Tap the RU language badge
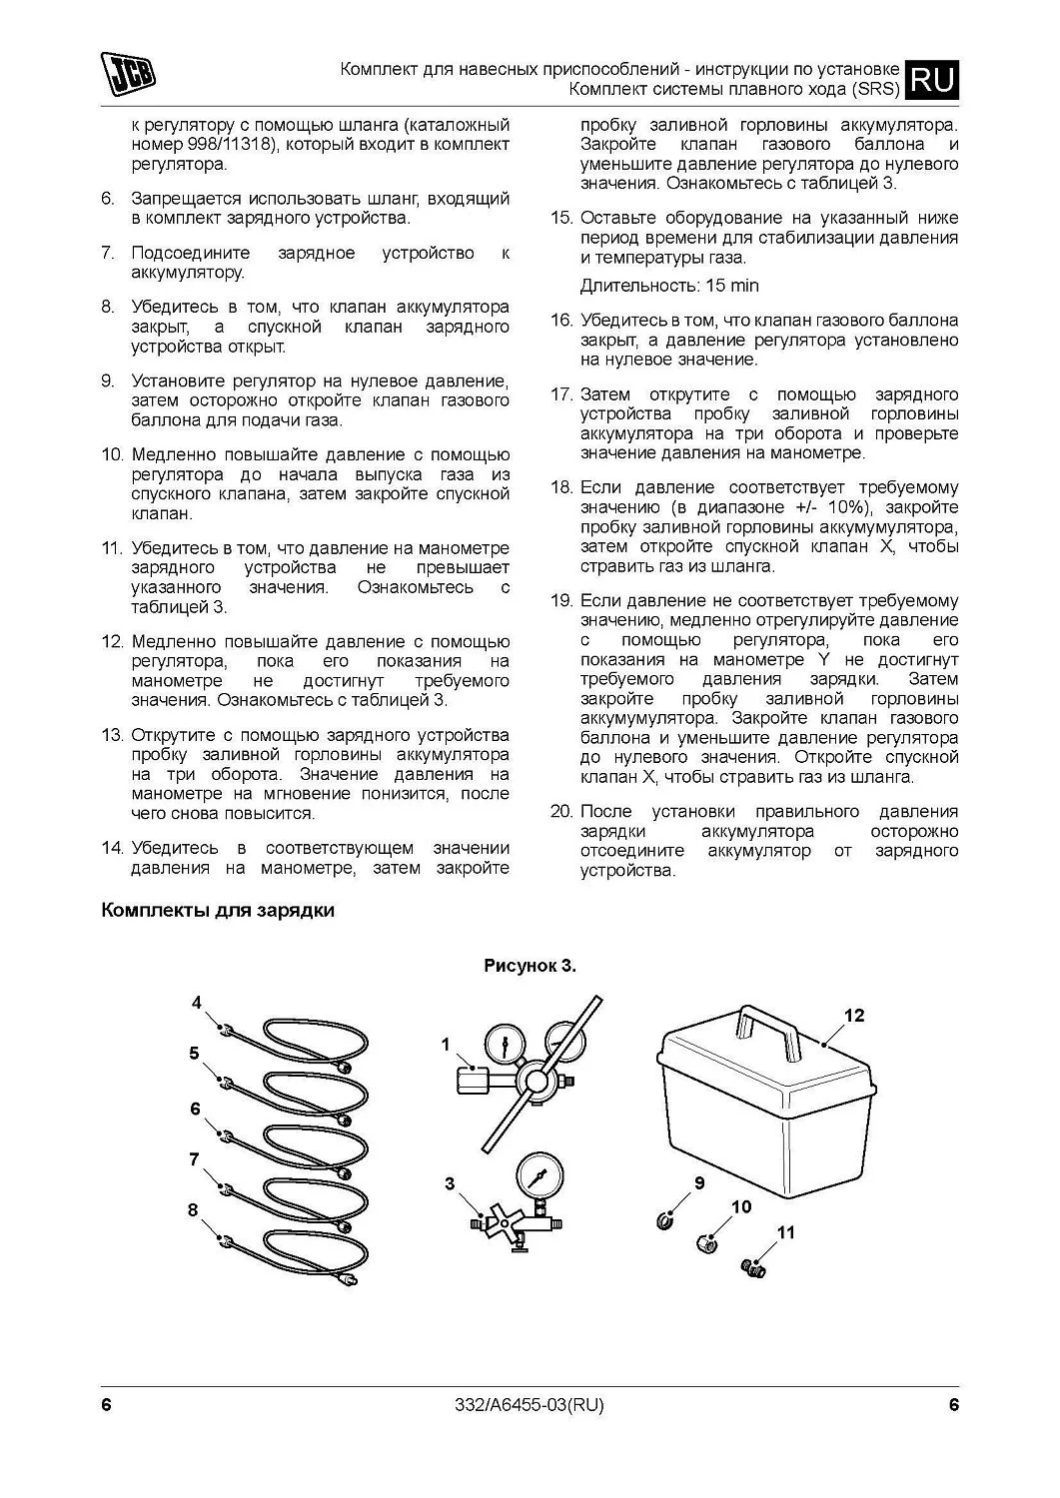click(x=932, y=79)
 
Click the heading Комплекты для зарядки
click(x=217, y=911)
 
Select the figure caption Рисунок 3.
click(x=530, y=966)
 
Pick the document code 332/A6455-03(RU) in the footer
click(x=530, y=1405)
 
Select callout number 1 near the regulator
click(x=446, y=1045)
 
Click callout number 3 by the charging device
click(x=450, y=1184)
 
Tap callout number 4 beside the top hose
click(x=197, y=1002)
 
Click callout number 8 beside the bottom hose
click(x=193, y=1209)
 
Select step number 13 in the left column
click(x=112, y=735)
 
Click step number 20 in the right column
click(x=560, y=811)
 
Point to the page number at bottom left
click(x=106, y=1405)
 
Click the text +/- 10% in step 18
click(x=824, y=507)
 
